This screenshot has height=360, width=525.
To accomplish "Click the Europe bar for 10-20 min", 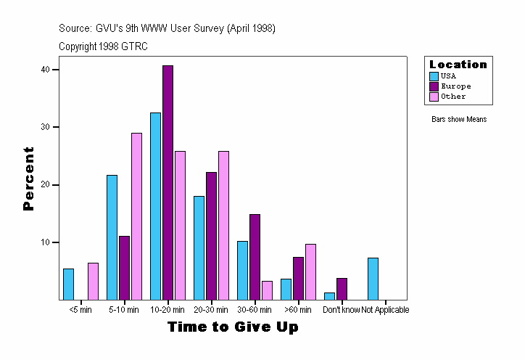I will (x=168, y=182).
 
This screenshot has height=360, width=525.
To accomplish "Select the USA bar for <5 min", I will (x=69, y=284).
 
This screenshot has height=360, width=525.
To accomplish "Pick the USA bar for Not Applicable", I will (x=373, y=279).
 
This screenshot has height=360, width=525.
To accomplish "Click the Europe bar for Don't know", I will (x=342, y=289).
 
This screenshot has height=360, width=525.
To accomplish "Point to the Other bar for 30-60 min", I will (x=267, y=290).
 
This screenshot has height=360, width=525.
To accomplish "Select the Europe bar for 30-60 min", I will (x=255, y=257).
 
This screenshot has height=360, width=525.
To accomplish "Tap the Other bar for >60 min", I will (x=310, y=271).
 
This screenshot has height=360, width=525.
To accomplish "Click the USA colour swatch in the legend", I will (x=434, y=75).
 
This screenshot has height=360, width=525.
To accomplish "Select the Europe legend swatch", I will (x=434, y=86).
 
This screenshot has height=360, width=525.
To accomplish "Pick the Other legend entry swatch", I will (x=434, y=96).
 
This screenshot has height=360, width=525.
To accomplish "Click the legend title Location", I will (x=458, y=64).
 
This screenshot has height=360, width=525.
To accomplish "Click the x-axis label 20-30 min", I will (x=211, y=310).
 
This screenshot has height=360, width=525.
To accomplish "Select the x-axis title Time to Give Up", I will (x=233, y=327).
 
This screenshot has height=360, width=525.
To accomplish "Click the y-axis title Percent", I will (x=29, y=179).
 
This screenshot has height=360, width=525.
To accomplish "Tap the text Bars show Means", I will (x=458, y=119).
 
